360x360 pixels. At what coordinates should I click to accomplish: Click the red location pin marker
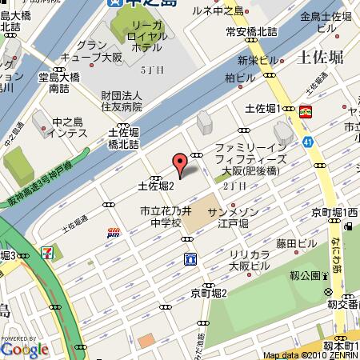[x=181, y=165]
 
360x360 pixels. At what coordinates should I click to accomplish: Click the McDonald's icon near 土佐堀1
[x=306, y=112]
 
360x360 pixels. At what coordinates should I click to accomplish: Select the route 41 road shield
[x=307, y=142]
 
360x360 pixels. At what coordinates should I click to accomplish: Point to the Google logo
[x=24, y=349]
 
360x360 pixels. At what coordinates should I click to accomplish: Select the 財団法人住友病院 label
[x=120, y=101]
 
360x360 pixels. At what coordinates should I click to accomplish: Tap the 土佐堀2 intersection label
[x=155, y=185]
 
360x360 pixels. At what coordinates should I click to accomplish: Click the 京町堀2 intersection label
[x=209, y=293]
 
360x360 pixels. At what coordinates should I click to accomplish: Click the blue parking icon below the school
[x=190, y=258]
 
